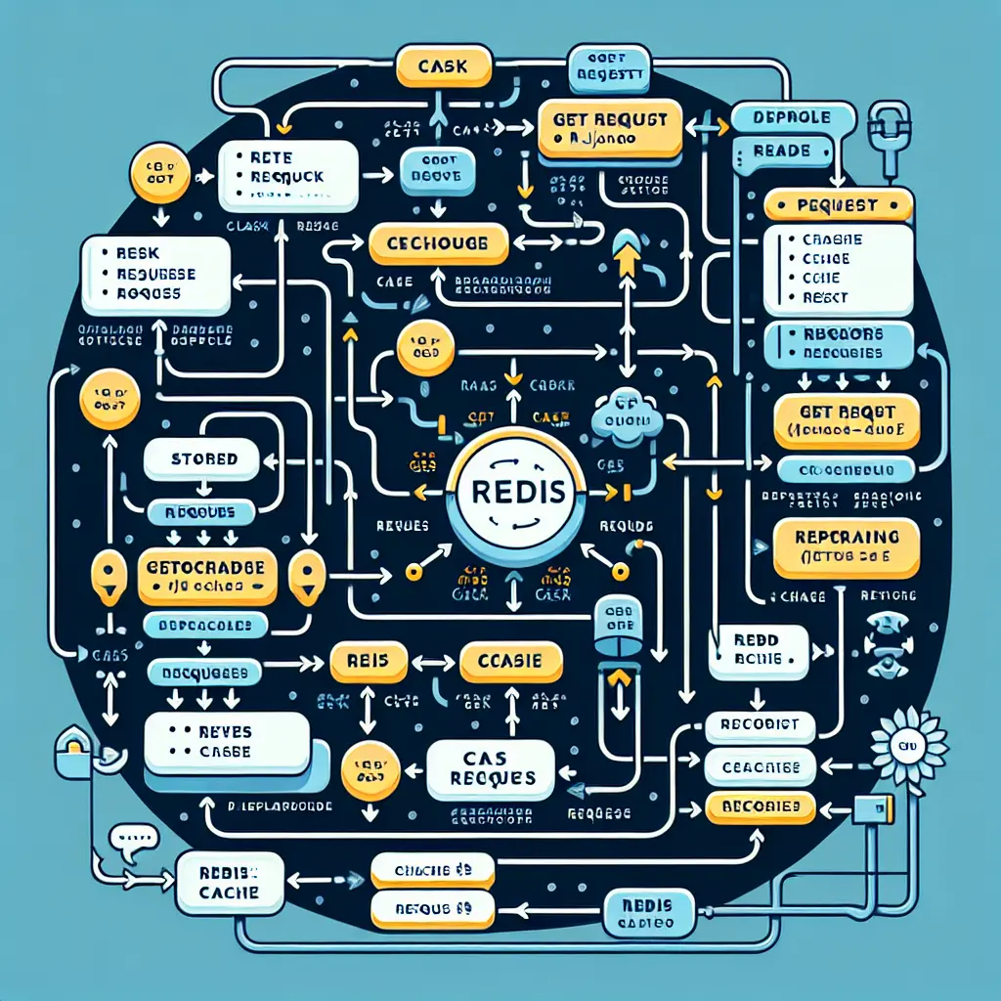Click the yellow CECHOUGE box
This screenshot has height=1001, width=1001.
pos(438,242)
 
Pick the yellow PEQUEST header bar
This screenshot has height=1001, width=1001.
pos(837,205)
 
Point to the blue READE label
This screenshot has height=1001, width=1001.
pos(782,151)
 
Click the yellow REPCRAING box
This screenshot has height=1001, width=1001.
pos(847,547)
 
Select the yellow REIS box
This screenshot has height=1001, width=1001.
pos(369,662)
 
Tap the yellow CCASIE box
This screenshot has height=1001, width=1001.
pos(511,662)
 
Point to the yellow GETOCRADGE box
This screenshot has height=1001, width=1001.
pos(208,577)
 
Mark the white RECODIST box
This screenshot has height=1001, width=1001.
pos(760,725)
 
